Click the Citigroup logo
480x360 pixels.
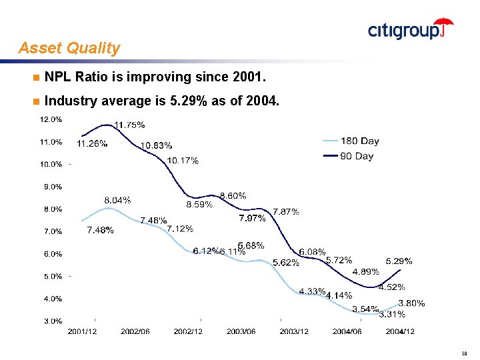(x=410, y=29)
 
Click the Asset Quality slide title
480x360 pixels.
(x=69, y=48)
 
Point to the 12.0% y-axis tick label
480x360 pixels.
(x=51, y=120)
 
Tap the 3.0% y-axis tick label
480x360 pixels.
(x=53, y=321)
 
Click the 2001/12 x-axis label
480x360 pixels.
(x=83, y=331)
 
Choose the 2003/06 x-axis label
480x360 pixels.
(x=241, y=331)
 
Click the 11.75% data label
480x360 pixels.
(x=129, y=125)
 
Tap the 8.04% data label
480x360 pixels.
(x=117, y=200)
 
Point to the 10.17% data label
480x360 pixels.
(x=183, y=160)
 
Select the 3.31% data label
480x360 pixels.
(x=392, y=314)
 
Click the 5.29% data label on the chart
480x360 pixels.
(x=399, y=261)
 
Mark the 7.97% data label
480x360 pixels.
(x=253, y=218)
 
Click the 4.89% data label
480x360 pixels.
(x=366, y=271)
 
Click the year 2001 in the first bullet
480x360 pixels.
(x=248, y=78)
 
